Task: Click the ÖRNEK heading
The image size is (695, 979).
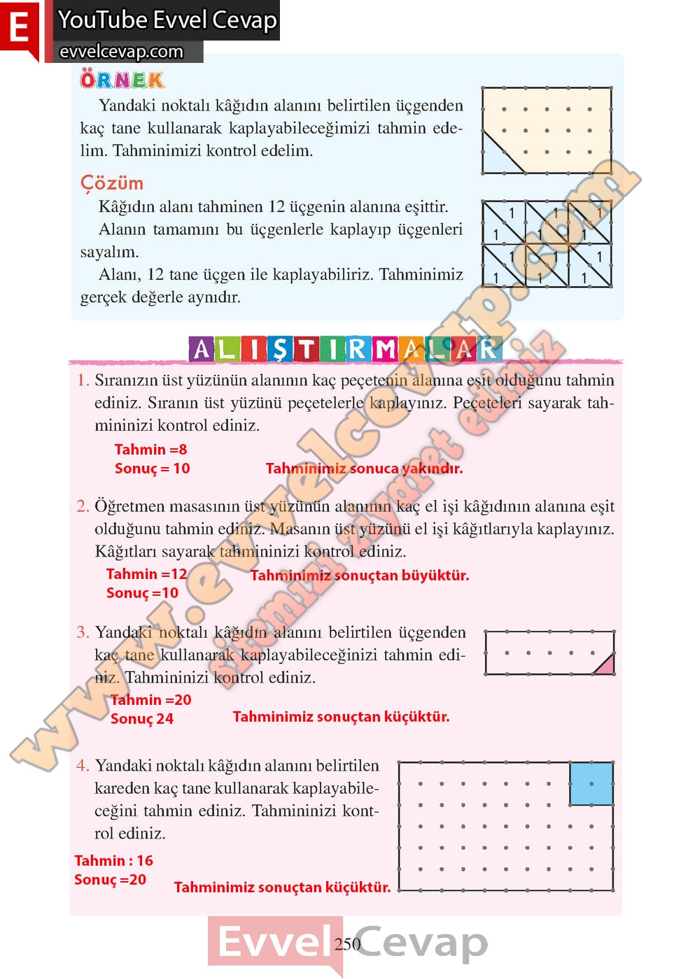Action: pyautogui.click(x=122, y=80)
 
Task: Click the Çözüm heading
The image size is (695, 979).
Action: pyautogui.click(x=112, y=183)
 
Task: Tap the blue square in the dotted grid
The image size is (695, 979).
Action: pyautogui.click(x=591, y=783)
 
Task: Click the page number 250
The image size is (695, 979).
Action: pyautogui.click(x=347, y=944)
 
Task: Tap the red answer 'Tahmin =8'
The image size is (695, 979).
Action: pyautogui.click(x=150, y=450)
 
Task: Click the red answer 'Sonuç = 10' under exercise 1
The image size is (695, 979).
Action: pyautogui.click(x=152, y=469)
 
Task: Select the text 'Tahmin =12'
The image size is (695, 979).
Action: pyautogui.click(x=146, y=574)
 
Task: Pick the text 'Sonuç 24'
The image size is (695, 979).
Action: pyautogui.click(x=141, y=719)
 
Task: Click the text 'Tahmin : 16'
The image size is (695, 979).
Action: pyautogui.click(x=113, y=861)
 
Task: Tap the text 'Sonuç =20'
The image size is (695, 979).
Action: pyautogui.click(x=110, y=880)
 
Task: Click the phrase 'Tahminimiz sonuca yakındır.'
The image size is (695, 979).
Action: pyautogui.click(x=364, y=469)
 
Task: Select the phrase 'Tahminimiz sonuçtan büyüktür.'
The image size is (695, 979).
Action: pyautogui.click(x=360, y=576)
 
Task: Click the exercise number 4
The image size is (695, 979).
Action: pyautogui.click(x=83, y=766)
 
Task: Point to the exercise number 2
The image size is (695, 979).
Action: pyautogui.click(x=83, y=506)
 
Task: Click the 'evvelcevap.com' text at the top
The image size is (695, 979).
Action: pyautogui.click(x=121, y=52)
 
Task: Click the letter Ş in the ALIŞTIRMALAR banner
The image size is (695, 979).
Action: pyautogui.click(x=279, y=348)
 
